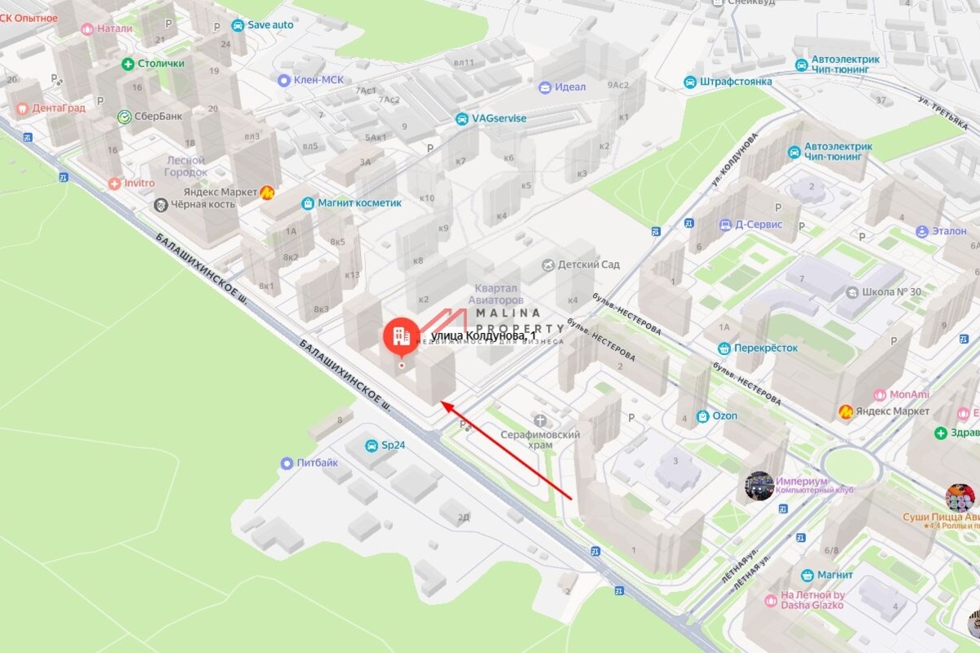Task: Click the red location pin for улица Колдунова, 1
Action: (399, 335)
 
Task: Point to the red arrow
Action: (506, 449)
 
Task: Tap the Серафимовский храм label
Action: (540, 440)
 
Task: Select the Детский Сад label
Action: (588, 264)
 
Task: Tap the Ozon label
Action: (724, 416)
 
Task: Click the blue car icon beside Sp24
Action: (372, 446)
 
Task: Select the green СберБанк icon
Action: (125, 117)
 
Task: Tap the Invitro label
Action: (139, 183)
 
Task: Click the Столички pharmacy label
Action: (161, 64)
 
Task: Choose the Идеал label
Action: (571, 87)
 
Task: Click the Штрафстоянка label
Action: (735, 82)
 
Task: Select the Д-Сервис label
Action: (759, 224)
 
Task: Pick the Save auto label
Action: (269, 24)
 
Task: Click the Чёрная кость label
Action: (203, 204)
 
